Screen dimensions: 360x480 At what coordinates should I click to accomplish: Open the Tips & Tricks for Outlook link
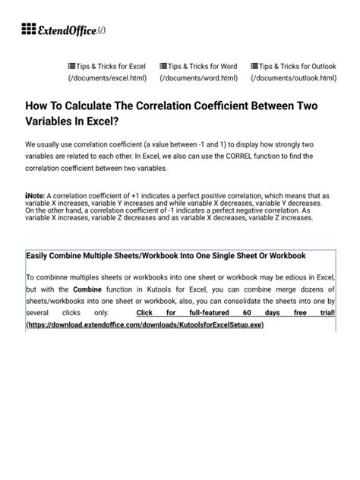pos(293,66)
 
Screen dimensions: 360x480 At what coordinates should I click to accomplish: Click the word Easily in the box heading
pos(40,255)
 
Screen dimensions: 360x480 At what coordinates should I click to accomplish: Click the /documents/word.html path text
pos(198,78)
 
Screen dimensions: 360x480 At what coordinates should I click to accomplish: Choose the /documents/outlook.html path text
pos(293,78)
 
